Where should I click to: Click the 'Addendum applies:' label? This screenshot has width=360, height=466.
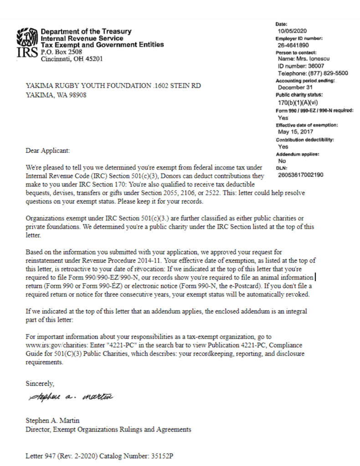coord(297,154)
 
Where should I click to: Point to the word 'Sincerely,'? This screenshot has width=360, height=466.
coord(40,384)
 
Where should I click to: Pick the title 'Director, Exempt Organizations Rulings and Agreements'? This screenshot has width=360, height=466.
coord(108,429)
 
